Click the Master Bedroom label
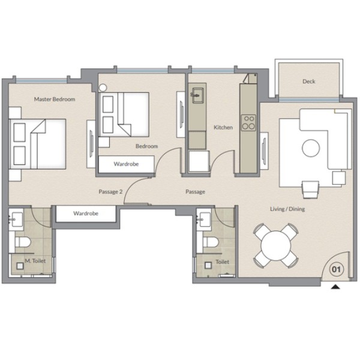click(55, 99)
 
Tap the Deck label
click(309, 81)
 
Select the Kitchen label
click(223, 127)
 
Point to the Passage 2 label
click(110, 192)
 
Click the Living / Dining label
click(287, 209)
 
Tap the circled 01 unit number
click(337, 269)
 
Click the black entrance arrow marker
click(335, 287)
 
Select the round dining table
click(276, 245)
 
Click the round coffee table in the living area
click(311, 148)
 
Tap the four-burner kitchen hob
click(248, 122)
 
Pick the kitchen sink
click(197, 95)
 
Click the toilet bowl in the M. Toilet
click(23, 242)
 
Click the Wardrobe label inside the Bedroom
click(126, 164)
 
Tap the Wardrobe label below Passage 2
click(86, 213)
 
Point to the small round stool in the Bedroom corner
click(103, 88)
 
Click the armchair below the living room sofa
click(311, 189)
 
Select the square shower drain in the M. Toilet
click(20, 266)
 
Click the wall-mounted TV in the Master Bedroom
click(91, 144)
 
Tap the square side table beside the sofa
click(339, 178)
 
